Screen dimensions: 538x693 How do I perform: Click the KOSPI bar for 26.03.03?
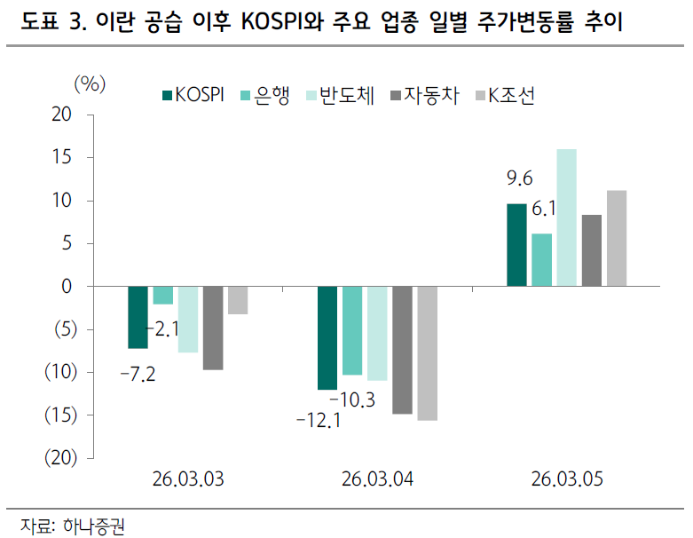138,317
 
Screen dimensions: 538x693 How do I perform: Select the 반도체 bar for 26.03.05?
566,218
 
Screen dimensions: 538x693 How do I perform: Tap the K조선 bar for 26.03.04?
427,353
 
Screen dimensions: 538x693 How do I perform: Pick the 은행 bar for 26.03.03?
162,296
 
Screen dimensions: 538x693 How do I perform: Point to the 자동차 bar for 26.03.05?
591,250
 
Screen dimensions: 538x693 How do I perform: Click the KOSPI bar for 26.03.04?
327,338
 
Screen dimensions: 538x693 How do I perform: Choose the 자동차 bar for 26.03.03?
212,328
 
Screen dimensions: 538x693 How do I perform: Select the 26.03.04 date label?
377,480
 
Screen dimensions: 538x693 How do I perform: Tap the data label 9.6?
518,180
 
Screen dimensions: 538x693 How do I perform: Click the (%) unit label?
89,83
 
